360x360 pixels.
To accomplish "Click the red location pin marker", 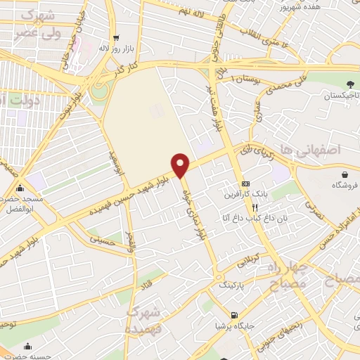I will [181, 165].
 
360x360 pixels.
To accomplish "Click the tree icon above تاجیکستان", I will [330, 84].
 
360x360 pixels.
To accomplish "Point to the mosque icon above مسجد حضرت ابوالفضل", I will [20, 188].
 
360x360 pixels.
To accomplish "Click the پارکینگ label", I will [233, 286].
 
